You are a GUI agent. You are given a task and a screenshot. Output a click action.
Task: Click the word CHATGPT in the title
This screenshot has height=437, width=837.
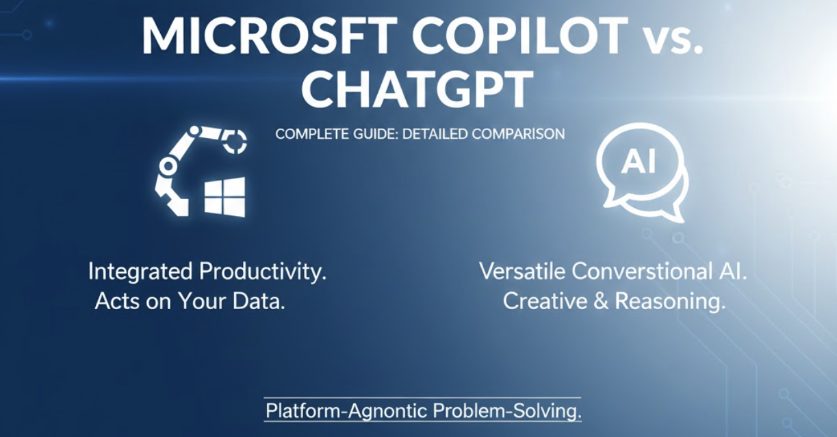[x=417, y=90]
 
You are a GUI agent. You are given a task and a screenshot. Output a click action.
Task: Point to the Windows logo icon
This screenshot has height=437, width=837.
[x=224, y=198]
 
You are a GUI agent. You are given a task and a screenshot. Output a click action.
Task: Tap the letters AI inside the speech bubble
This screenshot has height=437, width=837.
[x=639, y=162]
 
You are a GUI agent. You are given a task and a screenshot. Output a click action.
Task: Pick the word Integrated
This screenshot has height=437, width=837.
[x=140, y=272]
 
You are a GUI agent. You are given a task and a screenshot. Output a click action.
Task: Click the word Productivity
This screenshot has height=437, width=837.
[x=262, y=272]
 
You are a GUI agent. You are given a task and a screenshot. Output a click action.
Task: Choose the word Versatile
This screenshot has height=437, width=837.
[x=523, y=272]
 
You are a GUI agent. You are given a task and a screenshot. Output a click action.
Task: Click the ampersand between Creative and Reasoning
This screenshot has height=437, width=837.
[x=601, y=302]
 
